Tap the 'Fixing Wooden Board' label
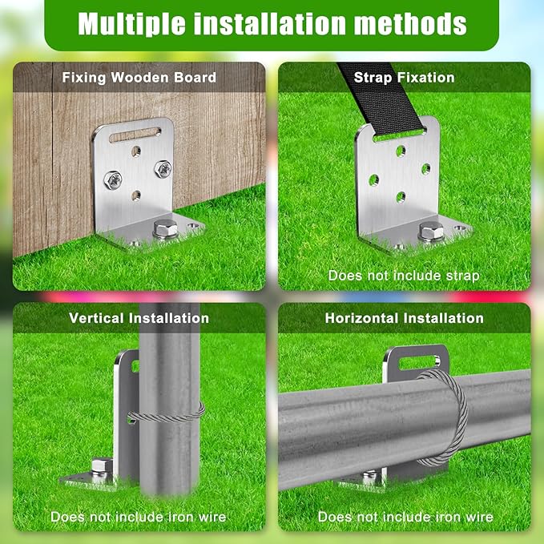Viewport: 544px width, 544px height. tap(139, 78)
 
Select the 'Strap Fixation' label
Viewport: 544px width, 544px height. tap(404, 78)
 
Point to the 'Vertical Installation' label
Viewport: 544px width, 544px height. tap(139, 318)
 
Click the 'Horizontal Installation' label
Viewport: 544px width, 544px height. tap(404, 318)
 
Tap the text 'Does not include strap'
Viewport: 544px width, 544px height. tap(404, 276)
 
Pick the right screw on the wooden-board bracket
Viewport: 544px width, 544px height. tap(163, 168)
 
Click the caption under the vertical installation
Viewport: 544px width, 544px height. tap(139, 517)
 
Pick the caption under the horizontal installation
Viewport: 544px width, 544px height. tap(405, 517)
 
